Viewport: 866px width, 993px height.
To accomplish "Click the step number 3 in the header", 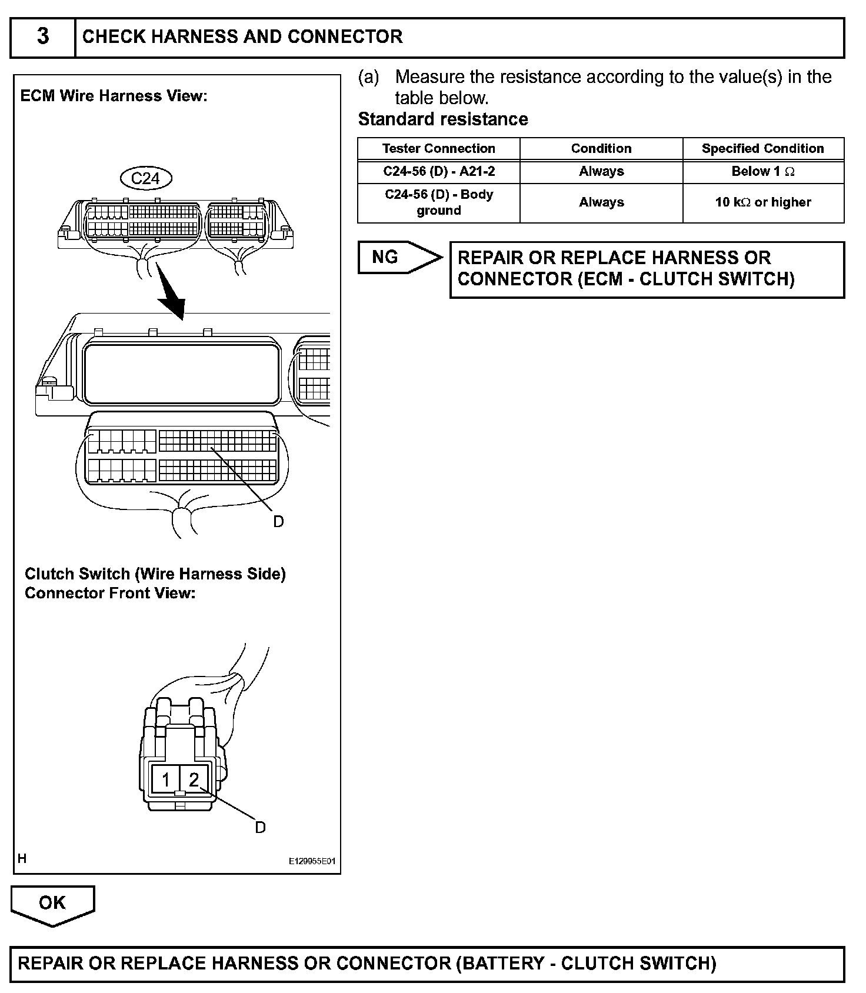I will [43, 36].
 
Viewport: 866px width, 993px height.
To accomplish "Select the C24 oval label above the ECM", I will [145, 178].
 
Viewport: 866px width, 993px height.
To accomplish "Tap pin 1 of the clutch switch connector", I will [166, 780].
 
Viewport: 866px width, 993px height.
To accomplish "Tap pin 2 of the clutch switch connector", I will [194, 780].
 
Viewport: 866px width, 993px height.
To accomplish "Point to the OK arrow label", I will [52, 903].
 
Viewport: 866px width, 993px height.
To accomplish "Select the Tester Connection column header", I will [438, 149].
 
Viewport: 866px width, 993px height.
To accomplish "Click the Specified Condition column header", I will [762, 149].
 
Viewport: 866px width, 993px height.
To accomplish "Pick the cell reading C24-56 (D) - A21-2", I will [438, 172].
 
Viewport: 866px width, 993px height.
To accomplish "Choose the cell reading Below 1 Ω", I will [762, 172].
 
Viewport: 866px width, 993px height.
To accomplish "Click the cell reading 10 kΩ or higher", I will [762, 202].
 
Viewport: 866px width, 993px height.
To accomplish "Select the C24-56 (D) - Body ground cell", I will [438, 202].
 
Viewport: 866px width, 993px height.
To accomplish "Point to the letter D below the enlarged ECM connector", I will [278, 522].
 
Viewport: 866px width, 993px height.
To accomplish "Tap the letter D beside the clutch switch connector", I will [260, 828].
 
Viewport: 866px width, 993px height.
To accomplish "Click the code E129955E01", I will [311, 861].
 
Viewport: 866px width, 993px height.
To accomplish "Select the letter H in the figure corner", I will [22, 859].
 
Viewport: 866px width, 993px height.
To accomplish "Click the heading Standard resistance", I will [443, 119].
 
